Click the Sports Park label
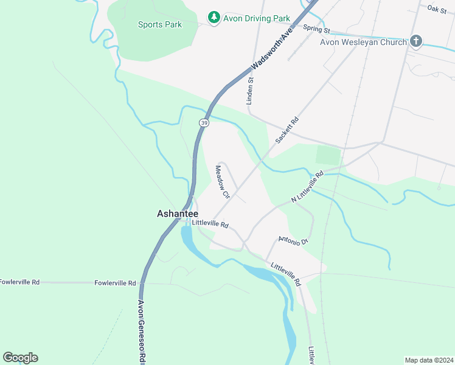160,25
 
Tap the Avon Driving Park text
256,18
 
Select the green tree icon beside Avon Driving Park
214,17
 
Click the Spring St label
316,29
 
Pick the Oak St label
436,9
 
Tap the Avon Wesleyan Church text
363,42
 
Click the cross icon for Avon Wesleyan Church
416,41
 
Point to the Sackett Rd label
288,130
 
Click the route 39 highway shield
203,122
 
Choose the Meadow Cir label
222,182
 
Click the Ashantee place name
178,214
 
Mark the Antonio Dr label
293,240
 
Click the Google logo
21,357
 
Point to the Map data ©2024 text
429,360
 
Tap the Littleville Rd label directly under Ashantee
210,224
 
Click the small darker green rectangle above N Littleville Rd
328,155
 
